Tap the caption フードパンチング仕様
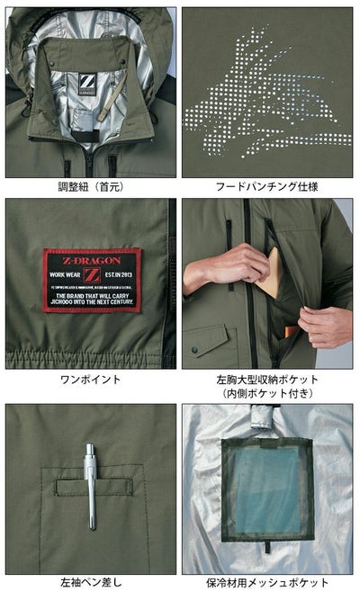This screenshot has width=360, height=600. (x=268, y=187)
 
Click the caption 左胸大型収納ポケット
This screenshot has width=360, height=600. (x=268, y=379)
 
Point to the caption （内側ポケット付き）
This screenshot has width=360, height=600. (x=268, y=393)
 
